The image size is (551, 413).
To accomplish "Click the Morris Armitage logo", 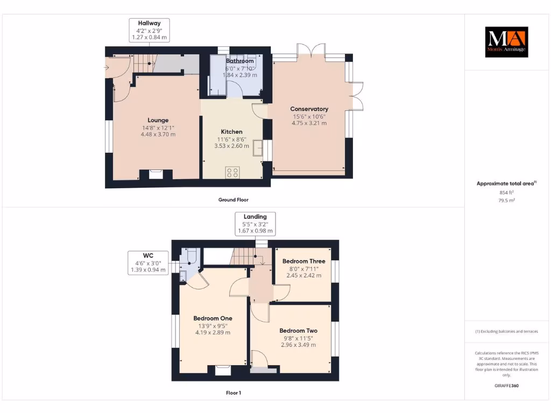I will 506,42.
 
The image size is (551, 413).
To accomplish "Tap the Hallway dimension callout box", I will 149,31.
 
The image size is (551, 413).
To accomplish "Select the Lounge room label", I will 158,120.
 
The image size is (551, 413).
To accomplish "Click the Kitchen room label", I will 232,132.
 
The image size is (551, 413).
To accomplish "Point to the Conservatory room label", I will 309,109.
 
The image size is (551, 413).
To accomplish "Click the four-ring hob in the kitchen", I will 233,173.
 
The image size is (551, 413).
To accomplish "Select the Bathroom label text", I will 239,61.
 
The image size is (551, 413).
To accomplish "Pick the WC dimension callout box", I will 147,262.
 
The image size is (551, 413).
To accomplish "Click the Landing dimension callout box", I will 255,224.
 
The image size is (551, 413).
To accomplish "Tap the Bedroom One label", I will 213,318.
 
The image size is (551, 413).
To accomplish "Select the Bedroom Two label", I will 298,331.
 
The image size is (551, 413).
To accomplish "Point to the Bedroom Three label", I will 304,261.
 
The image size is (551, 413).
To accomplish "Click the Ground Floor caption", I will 233,200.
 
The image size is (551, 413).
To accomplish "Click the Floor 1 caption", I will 233,393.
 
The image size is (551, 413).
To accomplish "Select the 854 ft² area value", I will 507,192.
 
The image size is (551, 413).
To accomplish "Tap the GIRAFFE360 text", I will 506,386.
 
